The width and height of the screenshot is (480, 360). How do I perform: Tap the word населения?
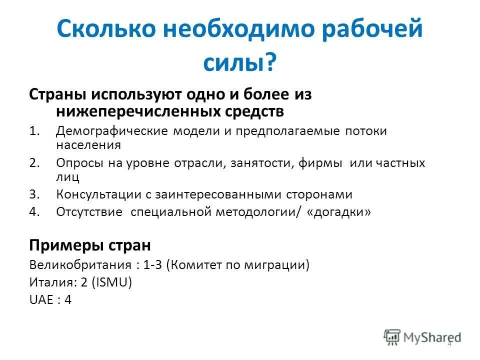(88, 145)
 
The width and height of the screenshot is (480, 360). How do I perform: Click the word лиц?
(67, 176)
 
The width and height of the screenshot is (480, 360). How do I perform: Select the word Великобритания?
(79, 265)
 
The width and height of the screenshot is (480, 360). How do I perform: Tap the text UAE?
(41, 300)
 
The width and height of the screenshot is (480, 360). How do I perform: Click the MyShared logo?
(422, 337)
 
